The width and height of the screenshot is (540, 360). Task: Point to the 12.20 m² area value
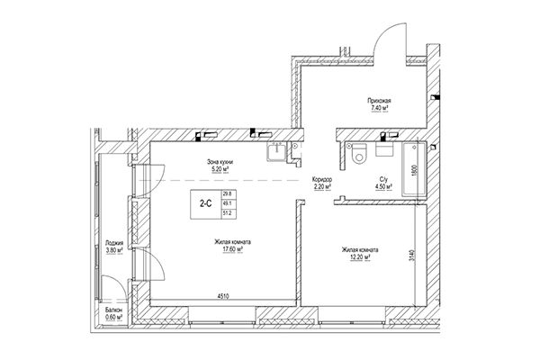pos(359,258)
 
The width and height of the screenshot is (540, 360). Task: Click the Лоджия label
pos(114,242)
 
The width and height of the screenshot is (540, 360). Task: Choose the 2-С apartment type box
pos(206,203)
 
